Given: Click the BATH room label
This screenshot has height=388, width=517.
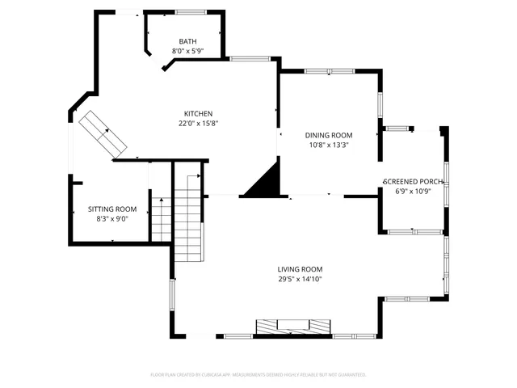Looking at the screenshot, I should (x=187, y=42).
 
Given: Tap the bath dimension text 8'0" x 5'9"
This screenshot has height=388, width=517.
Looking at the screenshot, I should (x=187, y=51).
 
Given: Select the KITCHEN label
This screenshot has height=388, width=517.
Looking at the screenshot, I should (x=198, y=114).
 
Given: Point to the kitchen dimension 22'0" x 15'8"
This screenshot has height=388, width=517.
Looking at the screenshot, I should (x=199, y=124).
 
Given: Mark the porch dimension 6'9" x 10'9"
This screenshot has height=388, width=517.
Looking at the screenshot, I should (x=414, y=192).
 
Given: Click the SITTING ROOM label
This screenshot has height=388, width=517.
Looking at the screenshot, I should (x=112, y=209).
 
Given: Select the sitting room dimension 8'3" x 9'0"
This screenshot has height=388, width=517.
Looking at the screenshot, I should (x=112, y=218).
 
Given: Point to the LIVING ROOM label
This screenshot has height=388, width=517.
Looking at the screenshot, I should (x=300, y=269).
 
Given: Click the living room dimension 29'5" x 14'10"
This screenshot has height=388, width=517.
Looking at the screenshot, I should (x=300, y=279).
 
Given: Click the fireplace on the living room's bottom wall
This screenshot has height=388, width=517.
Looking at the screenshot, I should (x=293, y=327).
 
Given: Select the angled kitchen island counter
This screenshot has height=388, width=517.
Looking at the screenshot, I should (x=103, y=133).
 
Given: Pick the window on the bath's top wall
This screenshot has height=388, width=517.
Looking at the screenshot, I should (x=191, y=11).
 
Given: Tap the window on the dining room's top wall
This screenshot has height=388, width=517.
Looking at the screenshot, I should (x=329, y=72).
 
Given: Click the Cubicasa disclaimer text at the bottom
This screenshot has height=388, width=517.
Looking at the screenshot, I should (x=258, y=375).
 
